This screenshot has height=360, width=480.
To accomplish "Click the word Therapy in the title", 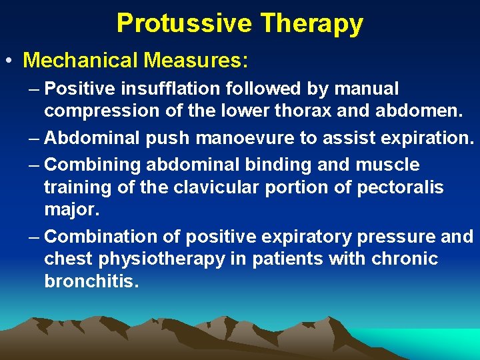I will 312,23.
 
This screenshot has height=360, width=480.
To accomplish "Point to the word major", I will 71,211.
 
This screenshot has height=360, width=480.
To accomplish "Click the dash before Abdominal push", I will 34,139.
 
